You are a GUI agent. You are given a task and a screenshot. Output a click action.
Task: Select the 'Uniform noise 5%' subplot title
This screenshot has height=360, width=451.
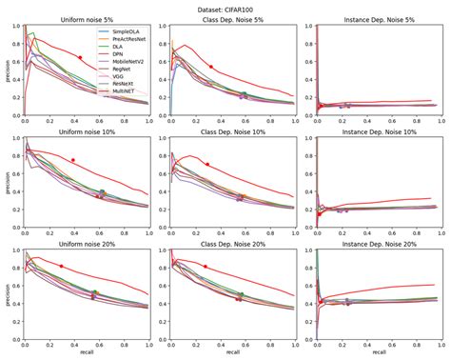coord(86,19)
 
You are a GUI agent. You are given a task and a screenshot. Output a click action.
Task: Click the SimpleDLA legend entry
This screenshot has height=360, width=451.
coord(127,30)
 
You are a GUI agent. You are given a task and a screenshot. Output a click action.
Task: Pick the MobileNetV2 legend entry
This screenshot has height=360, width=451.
coord(128,61)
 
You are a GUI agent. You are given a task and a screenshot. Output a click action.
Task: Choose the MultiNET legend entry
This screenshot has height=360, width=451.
coord(125,91)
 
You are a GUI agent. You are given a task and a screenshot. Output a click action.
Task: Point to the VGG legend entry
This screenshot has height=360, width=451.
coord(120,76)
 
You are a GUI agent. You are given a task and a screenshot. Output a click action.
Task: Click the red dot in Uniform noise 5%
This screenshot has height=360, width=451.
coord(80,58)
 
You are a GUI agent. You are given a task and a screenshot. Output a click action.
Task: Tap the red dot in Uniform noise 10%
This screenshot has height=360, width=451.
coord(72,160)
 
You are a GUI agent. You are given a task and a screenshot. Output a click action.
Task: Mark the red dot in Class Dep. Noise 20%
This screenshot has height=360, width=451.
coord(206,267)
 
